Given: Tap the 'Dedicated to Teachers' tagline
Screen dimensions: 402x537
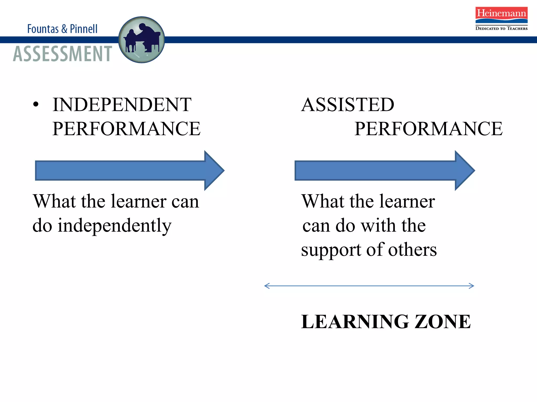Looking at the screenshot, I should pyautogui.click(x=501, y=28).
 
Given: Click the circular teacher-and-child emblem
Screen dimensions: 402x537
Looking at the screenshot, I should pyautogui.click(x=142, y=40).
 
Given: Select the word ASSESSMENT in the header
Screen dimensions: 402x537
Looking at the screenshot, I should pyautogui.click(x=63, y=54).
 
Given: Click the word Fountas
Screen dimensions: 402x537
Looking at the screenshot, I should pyautogui.click(x=43, y=29).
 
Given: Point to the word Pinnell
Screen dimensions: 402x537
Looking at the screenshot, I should pyautogui.click(x=84, y=29).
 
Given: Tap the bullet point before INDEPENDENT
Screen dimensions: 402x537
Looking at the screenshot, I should pyautogui.click(x=36, y=105).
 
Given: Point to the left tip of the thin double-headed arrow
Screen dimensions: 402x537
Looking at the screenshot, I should pyautogui.click(x=265, y=286).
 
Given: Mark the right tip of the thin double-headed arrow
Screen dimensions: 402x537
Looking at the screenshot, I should pyautogui.click(x=473, y=286).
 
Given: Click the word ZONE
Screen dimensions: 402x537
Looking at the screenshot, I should pyautogui.click(x=443, y=321).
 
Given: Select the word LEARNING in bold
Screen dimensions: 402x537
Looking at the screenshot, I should pyautogui.click(x=355, y=321).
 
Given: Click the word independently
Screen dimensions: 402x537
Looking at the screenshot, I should pyautogui.click(x=115, y=226).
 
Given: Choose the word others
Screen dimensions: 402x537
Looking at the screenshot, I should pyautogui.click(x=412, y=250).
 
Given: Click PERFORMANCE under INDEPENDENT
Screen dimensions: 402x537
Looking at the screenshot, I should pyautogui.click(x=126, y=129).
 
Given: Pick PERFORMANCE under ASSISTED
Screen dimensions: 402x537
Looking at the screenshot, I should pyautogui.click(x=428, y=129).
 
